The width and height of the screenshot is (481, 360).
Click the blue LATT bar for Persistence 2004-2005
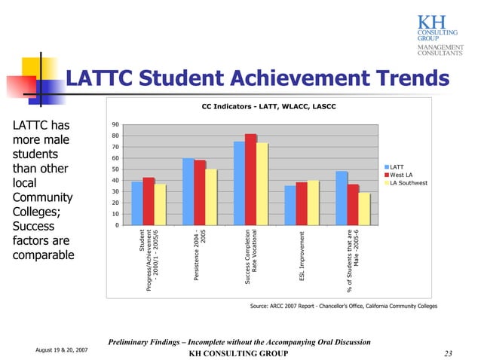click(x=188, y=191)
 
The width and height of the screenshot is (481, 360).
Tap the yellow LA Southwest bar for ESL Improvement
click(x=313, y=203)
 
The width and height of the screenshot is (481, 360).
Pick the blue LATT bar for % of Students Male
click(x=342, y=198)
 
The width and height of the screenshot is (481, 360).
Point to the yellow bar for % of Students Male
click(x=365, y=209)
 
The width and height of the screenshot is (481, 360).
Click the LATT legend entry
click(x=397, y=167)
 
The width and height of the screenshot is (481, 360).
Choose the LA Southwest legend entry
click(x=408, y=183)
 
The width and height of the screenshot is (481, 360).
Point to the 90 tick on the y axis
click(x=115, y=124)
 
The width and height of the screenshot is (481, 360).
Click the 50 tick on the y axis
click(x=115, y=169)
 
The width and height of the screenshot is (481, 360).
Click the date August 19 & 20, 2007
click(x=62, y=349)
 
